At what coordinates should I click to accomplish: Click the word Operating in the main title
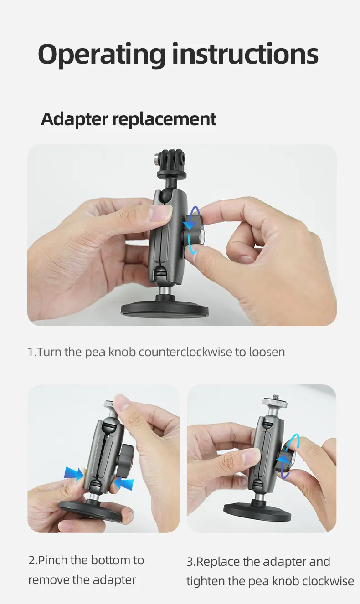tap(102, 55)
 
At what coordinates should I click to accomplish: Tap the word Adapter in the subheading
tap(74, 119)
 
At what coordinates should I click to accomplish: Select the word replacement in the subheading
tap(164, 119)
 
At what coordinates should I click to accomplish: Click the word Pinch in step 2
tap(53, 560)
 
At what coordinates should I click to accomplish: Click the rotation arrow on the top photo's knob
tap(192, 230)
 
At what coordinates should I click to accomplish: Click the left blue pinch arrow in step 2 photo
tap(74, 474)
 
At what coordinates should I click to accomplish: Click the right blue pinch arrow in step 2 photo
tap(124, 483)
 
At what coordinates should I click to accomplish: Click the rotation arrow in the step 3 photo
tap(288, 456)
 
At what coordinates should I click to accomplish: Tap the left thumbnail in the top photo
tap(160, 213)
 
